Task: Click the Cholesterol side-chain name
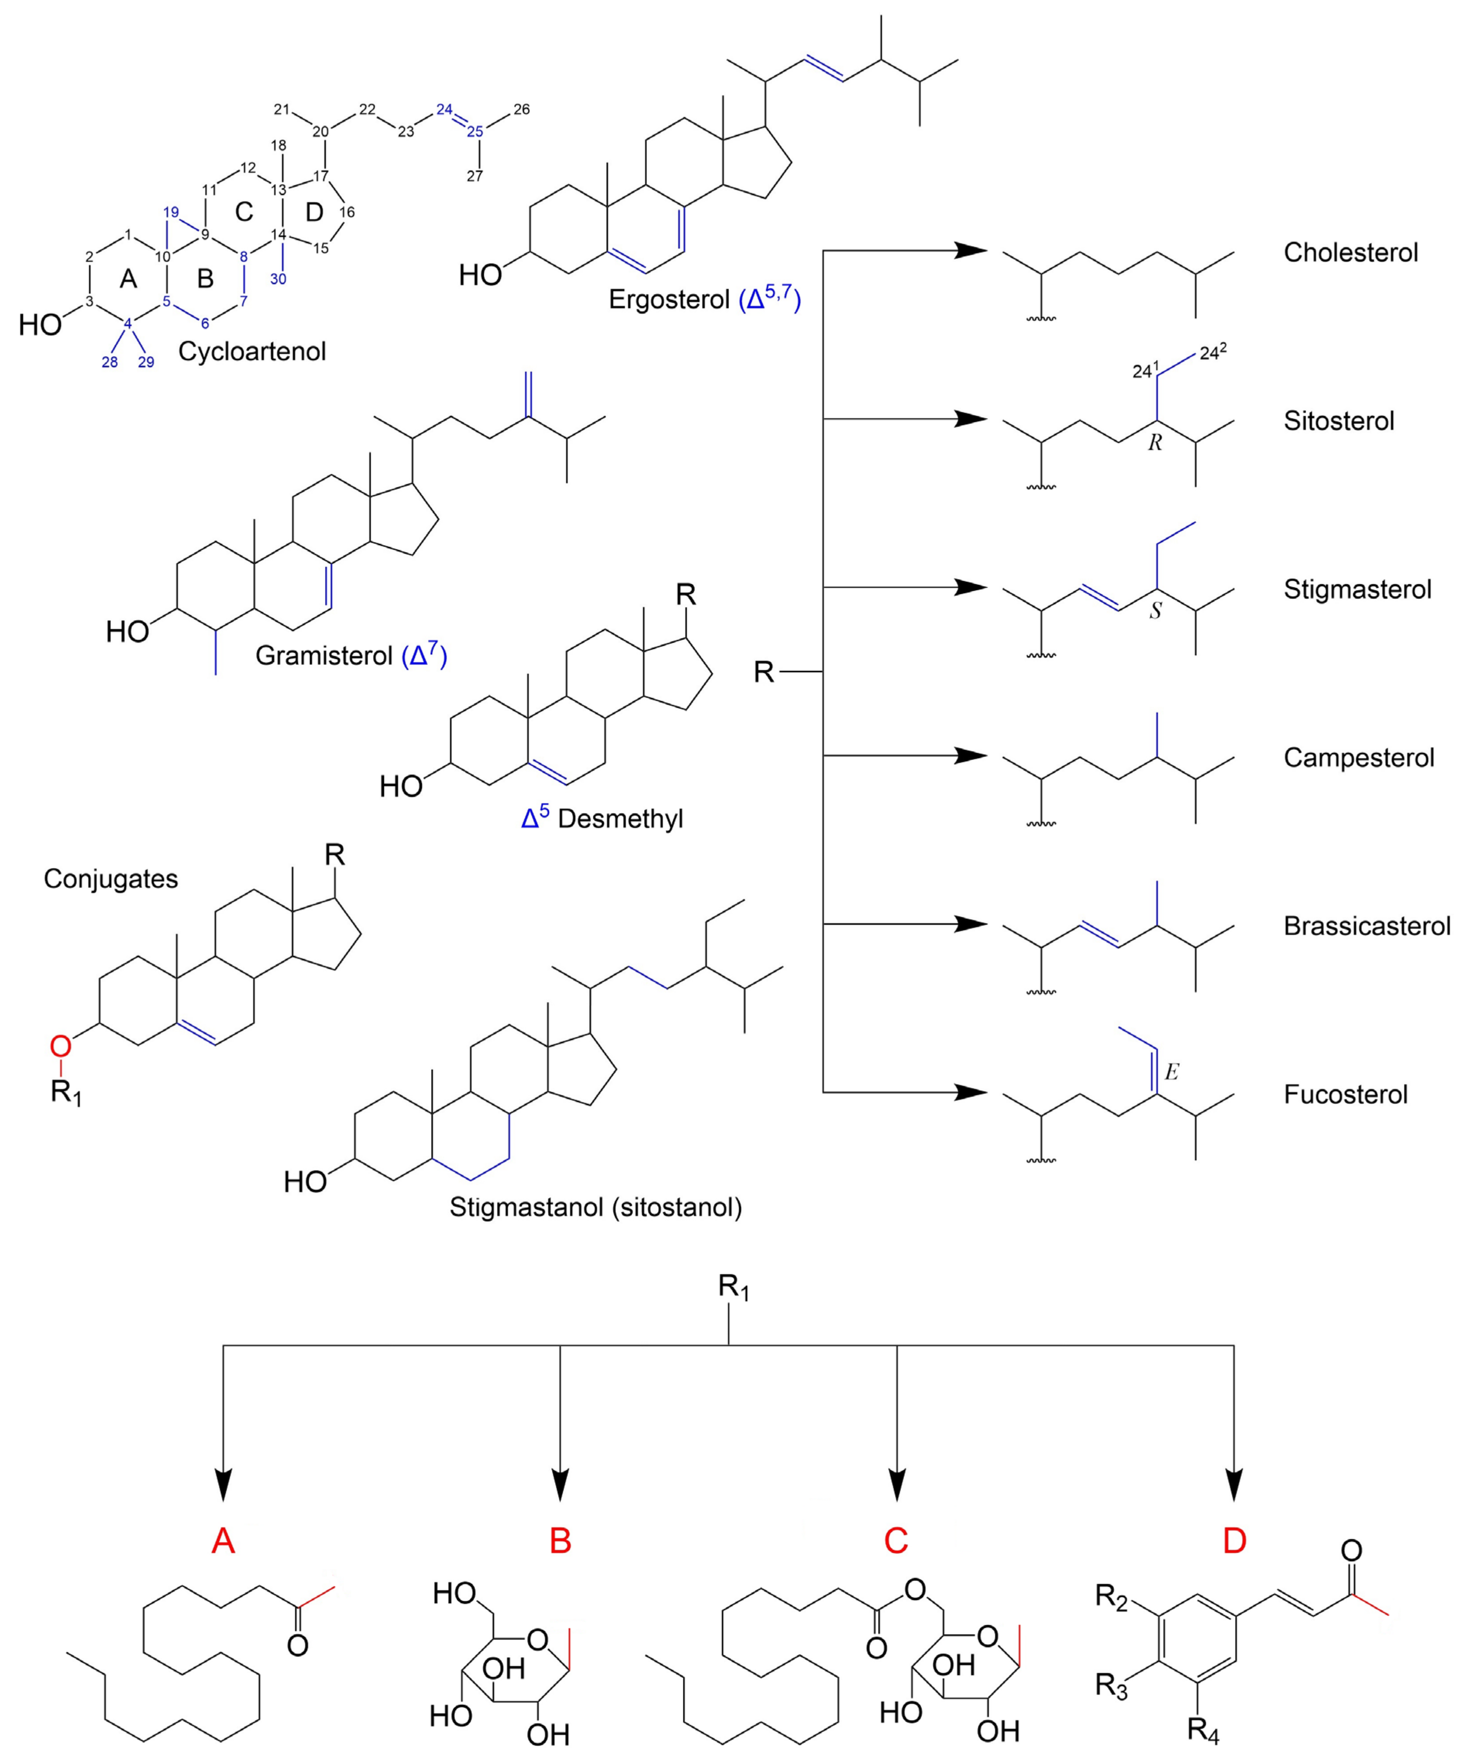1350,252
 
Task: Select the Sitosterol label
1338,421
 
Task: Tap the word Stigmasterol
1357,589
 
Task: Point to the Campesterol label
1358,758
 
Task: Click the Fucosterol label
1345,1094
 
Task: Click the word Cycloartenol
251,351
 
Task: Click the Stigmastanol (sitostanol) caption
595,1207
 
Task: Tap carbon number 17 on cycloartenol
321,176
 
